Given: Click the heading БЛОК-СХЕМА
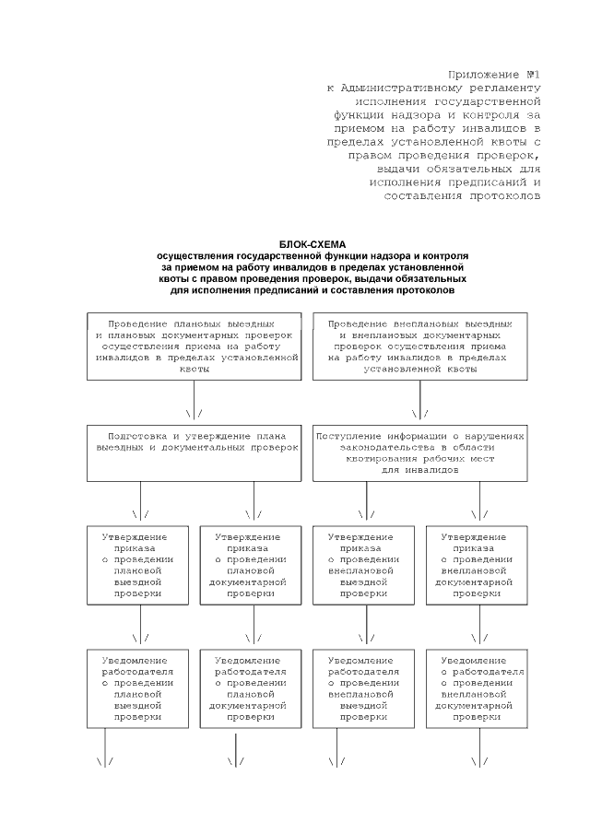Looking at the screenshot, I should pos(313,243).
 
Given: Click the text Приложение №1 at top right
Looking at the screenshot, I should pos(493,73).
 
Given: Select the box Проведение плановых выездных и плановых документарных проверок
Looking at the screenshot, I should pos(194,347).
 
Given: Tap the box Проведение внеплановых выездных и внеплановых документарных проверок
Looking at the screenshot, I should pos(420,347).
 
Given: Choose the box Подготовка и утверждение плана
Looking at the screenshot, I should pos(194,452).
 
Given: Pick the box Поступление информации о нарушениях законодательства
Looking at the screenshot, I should pos(420,452).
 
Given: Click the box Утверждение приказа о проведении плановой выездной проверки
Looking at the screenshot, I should pos(138,564).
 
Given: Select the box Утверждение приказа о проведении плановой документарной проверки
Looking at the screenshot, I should pos(251,564).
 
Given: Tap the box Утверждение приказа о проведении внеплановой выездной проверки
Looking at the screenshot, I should pos(364,564).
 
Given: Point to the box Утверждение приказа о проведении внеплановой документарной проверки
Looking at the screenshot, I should pos(477,564).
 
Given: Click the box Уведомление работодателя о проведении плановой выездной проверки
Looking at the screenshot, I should pos(138,688).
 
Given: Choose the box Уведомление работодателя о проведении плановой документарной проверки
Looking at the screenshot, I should pos(251,688).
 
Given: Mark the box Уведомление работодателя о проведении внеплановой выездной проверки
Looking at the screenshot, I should pos(364,688).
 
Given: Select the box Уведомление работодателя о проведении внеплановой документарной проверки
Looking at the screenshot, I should pos(477,688).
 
